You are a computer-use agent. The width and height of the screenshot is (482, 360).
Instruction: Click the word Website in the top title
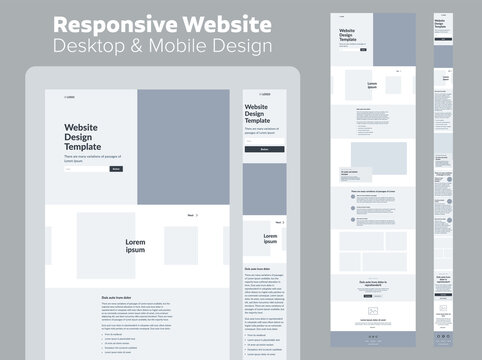pos(225,23)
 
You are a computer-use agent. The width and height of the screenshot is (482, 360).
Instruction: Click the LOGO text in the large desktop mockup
pos(71,97)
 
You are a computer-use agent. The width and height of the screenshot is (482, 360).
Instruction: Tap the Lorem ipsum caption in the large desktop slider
pos(135,246)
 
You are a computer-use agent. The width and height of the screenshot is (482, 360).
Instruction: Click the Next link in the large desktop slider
pos(191,215)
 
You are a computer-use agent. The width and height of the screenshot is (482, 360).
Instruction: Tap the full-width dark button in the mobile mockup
pos(264,149)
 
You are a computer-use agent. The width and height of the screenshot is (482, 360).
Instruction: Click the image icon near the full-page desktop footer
pos(373,311)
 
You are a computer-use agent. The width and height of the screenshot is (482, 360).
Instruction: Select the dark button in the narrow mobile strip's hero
pos(442,39)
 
